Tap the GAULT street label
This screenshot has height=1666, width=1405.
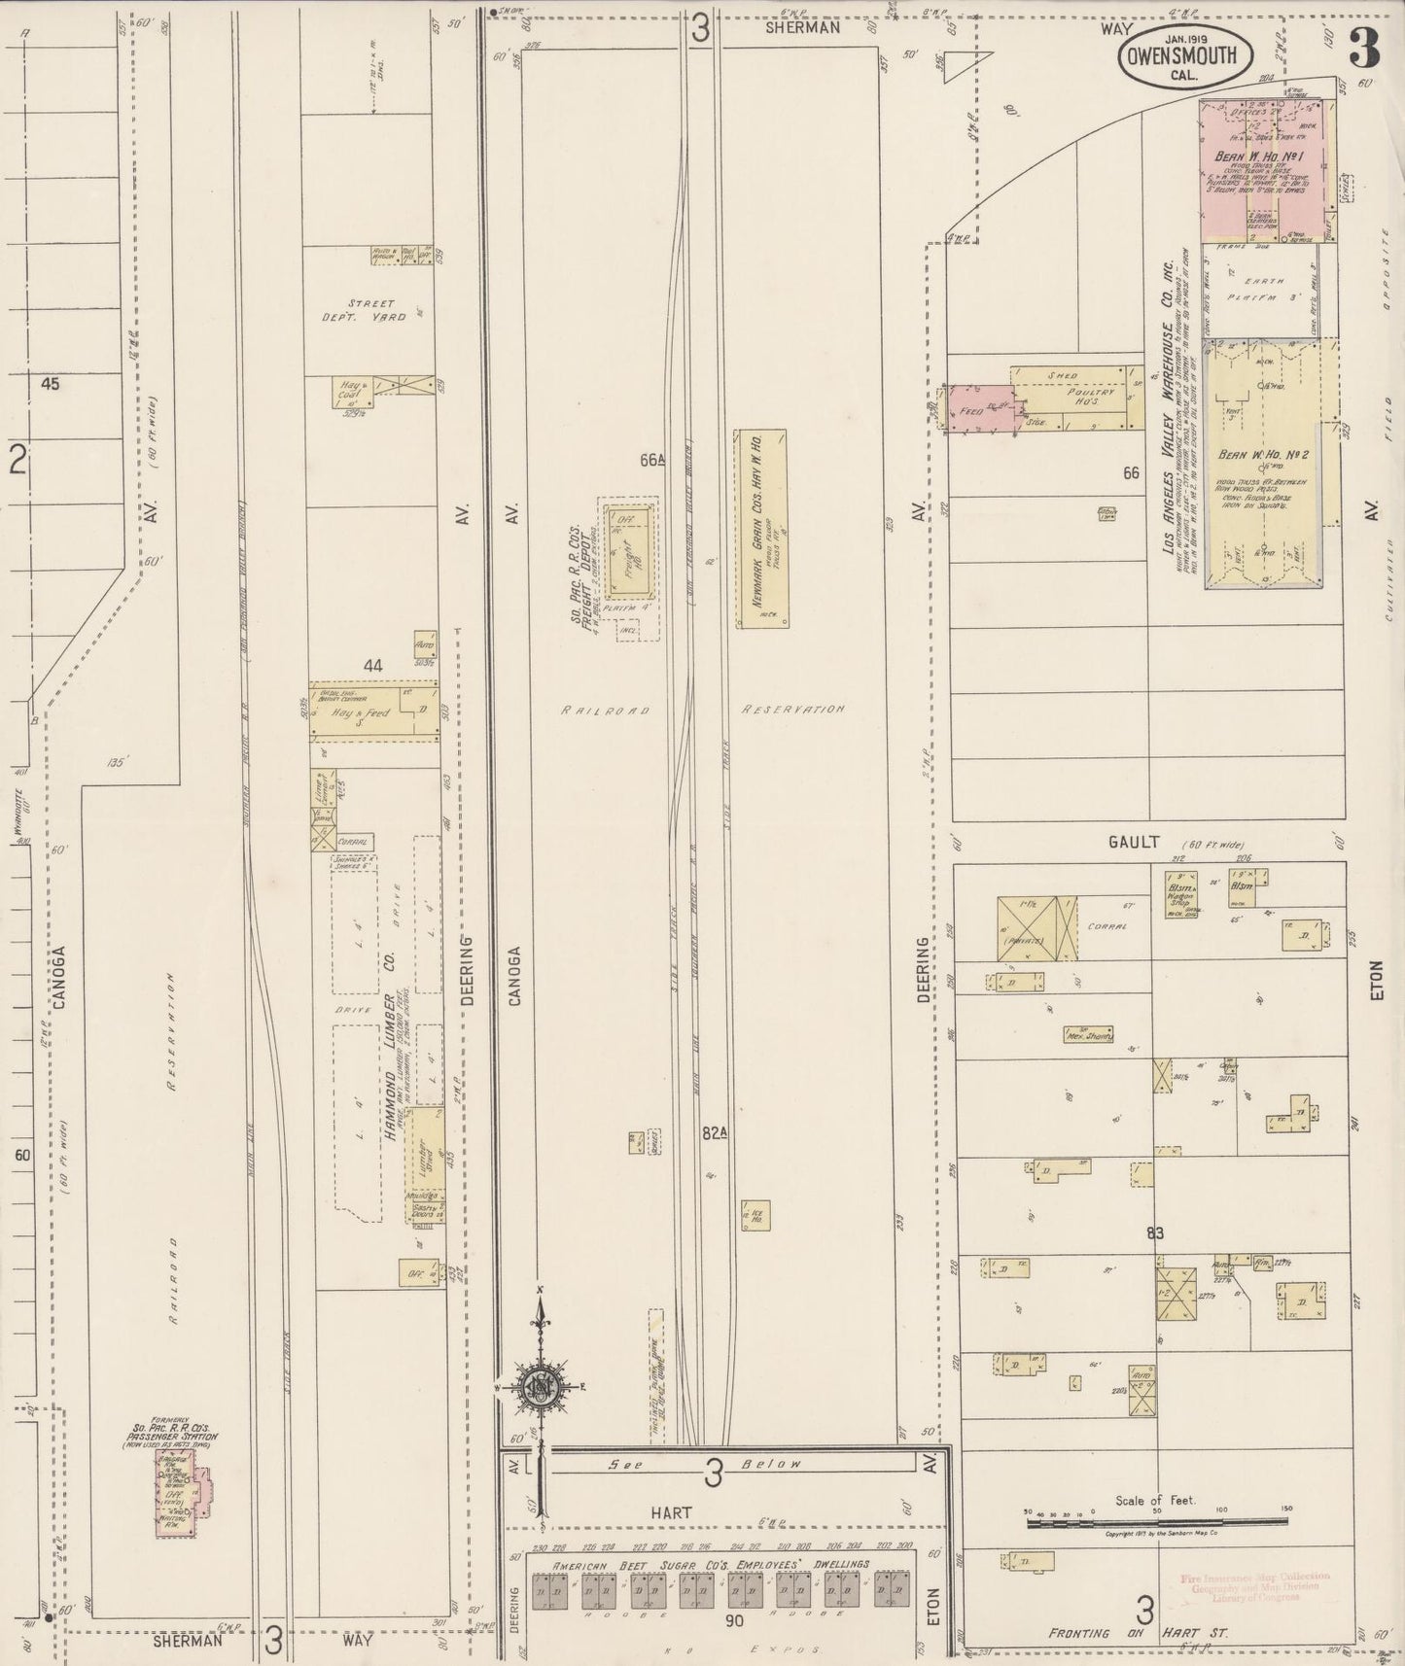click(1134, 843)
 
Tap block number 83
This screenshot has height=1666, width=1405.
click(1155, 1233)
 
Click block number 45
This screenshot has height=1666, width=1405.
click(51, 384)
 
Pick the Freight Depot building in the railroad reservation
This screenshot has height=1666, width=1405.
click(627, 550)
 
